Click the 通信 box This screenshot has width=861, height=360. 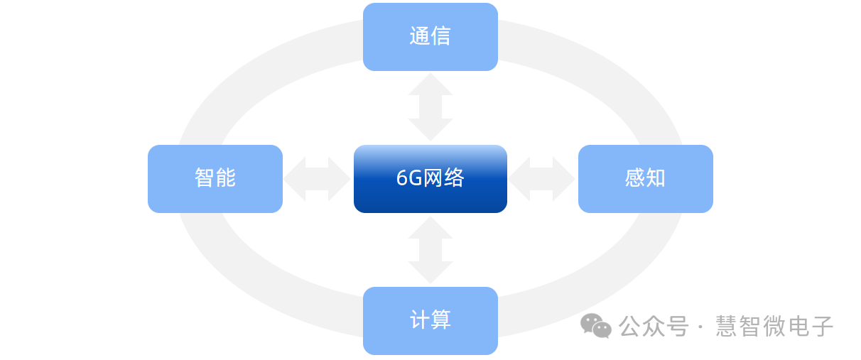(x=430, y=37)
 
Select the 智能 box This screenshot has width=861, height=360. (x=215, y=179)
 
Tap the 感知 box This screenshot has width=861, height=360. (x=645, y=179)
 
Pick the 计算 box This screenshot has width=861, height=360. (x=430, y=321)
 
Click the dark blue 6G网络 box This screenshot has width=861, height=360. (x=430, y=179)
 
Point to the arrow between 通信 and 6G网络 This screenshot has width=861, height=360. (x=430, y=107)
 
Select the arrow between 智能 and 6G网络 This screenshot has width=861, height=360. (x=317, y=179)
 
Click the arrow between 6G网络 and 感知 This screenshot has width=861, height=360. (x=541, y=179)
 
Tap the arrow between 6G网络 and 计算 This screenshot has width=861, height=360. (x=430, y=250)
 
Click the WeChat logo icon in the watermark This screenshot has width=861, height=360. (x=595, y=326)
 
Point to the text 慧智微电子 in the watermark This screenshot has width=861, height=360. (x=774, y=327)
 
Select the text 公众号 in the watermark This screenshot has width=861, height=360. (x=654, y=327)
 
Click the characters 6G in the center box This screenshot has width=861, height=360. (x=409, y=178)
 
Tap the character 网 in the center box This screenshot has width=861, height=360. (x=433, y=178)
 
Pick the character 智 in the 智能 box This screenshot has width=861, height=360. (x=205, y=178)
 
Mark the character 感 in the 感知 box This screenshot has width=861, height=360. (x=634, y=178)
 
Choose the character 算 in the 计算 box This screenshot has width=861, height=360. (x=440, y=320)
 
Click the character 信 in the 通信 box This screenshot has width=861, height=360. (x=440, y=36)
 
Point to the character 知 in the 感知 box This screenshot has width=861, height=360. (x=656, y=178)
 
